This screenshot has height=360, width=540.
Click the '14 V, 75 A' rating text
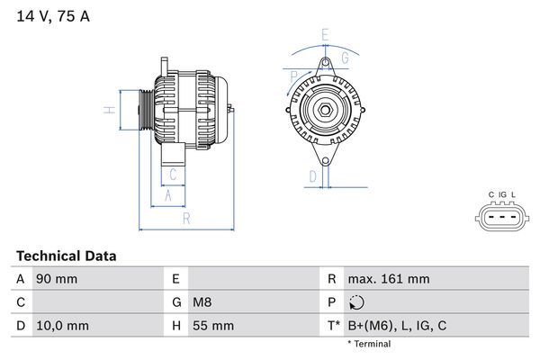pyautogui.click(x=53, y=16)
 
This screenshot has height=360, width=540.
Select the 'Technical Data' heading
pyautogui.click(x=66, y=256)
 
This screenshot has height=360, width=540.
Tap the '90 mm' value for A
pyautogui.click(x=56, y=279)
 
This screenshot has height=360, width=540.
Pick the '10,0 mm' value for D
pyautogui.click(x=62, y=326)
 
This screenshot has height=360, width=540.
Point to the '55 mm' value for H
pyautogui.click(x=214, y=326)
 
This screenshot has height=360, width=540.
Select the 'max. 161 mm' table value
pyautogui.click(x=391, y=279)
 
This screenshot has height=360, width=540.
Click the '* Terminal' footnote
pyautogui.click(x=369, y=344)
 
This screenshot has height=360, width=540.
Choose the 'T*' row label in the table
pyautogui.click(x=333, y=326)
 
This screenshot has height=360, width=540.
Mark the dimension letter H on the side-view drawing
pyautogui.click(x=106, y=111)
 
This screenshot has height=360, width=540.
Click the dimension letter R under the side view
pyautogui.click(x=185, y=218)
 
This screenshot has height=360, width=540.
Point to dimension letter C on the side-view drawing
pyautogui.click(x=172, y=175)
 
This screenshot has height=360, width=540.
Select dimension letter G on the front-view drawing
pyautogui.click(x=343, y=58)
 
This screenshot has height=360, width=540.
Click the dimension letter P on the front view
pyautogui.click(x=293, y=76)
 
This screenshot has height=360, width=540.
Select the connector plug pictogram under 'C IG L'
pyautogui.click(x=501, y=218)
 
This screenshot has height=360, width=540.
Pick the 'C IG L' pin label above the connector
pyautogui.click(x=501, y=194)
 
